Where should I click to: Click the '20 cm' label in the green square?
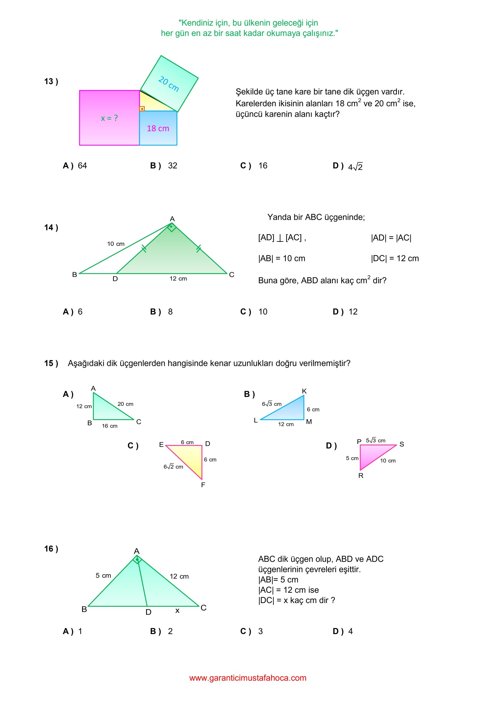click(x=169, y=84)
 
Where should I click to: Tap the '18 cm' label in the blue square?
click(x=158, y=128)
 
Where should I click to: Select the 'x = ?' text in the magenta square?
click(x=109, y=118)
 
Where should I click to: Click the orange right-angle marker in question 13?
click(x=142, y=109)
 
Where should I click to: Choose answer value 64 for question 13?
click(x=82, y=166)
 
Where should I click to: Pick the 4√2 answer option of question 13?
click(x=355, y=167)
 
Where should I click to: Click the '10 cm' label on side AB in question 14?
click(x=116, y=244)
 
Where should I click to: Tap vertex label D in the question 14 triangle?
click(x=115, y=279)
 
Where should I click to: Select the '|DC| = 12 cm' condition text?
click(x=395, y=259)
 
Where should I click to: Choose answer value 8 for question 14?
click(x=170, y=312)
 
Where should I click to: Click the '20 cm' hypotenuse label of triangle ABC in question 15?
click(x=125, y=404)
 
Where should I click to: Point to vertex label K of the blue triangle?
click(x=304, y=391)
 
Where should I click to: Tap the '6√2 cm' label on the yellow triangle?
click(x=173, y=467)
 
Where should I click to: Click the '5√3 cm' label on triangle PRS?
click(x=376, y=441)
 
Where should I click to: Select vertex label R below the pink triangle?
click(x=361, y=476)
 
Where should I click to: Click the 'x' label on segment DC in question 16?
click(x=177, y=611)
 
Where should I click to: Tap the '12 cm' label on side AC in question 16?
click(x=179, y=576)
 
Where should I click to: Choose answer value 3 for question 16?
click(x=261, y=632)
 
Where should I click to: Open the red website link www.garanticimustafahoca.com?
click(x=248, y=678)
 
